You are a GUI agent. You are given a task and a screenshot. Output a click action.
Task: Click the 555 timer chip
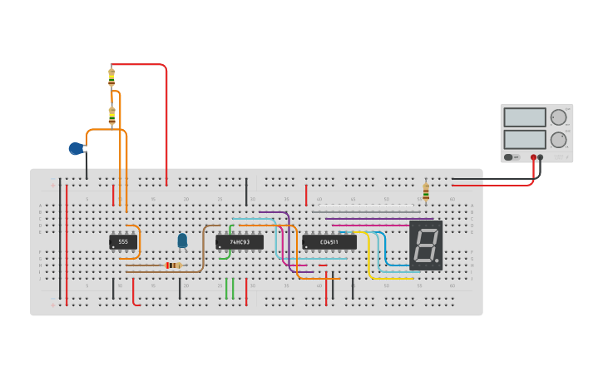click(x=123, y=242)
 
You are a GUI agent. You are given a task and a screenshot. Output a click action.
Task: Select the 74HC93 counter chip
click(x=240, y=242)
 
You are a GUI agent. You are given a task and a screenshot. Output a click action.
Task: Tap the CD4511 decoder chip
click(x=329, y=242)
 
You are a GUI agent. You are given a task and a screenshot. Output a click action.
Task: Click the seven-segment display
click(x=425, y=245)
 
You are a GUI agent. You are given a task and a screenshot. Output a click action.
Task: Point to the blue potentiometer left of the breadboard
click(x=77, y=149)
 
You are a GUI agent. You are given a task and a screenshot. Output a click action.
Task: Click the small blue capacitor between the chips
click(x=182, y=241)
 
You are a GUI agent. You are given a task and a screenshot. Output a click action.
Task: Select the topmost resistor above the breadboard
click(x=111, y=77)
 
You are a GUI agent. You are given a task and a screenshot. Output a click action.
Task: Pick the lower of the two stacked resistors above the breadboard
click(x=111, y=116)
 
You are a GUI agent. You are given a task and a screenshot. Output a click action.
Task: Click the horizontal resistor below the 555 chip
click(x=172, y=265)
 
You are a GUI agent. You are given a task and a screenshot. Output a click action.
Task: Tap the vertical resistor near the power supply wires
click(x=426, y=192)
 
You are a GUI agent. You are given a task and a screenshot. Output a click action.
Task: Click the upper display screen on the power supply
click(x=524, y=117)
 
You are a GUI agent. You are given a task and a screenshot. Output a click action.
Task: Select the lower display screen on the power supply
click(x=524, y=139)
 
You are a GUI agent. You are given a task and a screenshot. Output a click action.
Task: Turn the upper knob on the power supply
click(x=558, y=117)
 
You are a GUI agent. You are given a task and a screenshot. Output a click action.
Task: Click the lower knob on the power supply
click(x=558, y=139)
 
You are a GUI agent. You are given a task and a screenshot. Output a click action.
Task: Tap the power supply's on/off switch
click(x=508, y=156)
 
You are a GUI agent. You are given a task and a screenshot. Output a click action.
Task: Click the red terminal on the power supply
click(x=533, y=156)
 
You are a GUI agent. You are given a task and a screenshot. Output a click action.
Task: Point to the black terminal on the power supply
click(x=541, y=156)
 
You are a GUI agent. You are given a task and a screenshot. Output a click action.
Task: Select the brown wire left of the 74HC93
click(x=203, y=250)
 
